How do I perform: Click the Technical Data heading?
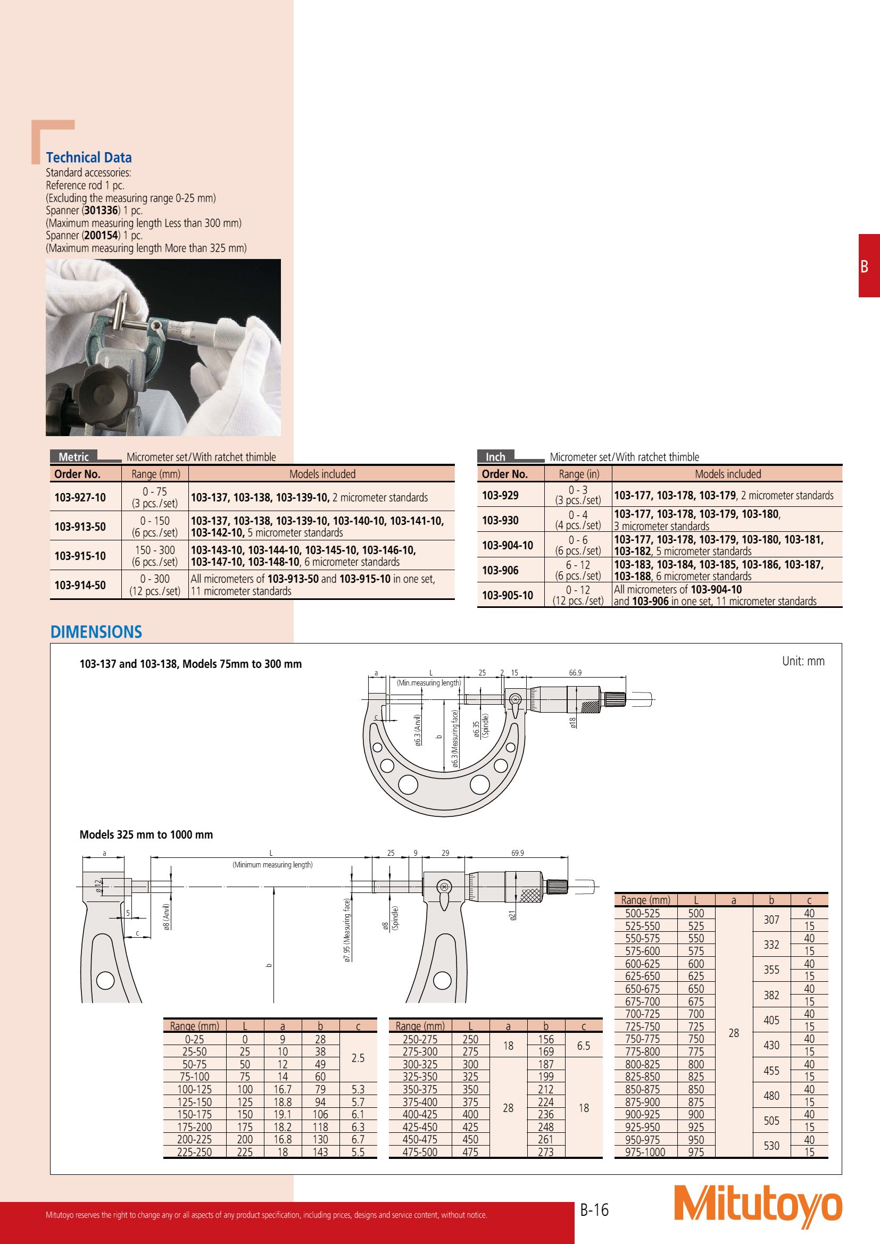[89, 157]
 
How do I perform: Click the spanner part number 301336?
[101, 210]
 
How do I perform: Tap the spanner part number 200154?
[101, 235]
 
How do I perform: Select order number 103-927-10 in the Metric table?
[80, 497]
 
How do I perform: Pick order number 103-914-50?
[80, 585]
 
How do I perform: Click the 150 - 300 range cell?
[155, 550]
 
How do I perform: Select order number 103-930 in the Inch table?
[500, 520]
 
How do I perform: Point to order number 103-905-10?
[508, 595]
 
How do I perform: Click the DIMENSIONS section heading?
[96, 632]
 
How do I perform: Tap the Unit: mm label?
[803, 661]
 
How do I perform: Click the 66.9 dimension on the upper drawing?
[575, 673]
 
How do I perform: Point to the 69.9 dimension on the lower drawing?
[518, 853]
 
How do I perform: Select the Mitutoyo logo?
[758, 1206]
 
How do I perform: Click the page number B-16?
[594, 1210]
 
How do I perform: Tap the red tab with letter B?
[868, 266]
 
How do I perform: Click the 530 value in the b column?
[771, 1146]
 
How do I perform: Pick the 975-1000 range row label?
[645, 1152]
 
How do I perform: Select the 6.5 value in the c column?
[584, 1046]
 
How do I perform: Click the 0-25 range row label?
[195, 1039]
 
